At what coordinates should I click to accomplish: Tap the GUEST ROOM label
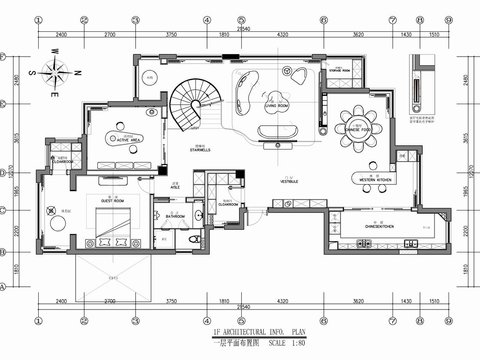pyautogui.click(x=112, y=200)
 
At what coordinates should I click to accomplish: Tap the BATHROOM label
pyautogui.click(x=176, y=214)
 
